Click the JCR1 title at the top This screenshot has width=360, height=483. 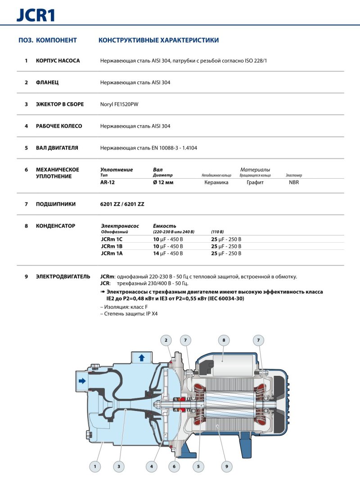point(36,15)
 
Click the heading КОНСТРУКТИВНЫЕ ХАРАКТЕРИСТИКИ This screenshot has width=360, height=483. point(158,41)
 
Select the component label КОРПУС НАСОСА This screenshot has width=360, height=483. point(58,61)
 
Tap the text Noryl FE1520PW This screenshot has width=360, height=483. point(119,104)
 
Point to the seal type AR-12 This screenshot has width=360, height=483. point(107,182)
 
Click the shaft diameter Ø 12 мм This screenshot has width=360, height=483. point(163,182)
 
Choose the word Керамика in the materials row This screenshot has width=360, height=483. point(216,182)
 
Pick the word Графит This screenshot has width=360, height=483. point(255,182)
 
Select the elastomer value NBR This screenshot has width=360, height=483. point(294,182)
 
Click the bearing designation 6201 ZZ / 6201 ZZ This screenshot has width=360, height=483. point(122,204)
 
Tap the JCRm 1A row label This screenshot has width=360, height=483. point(112,253)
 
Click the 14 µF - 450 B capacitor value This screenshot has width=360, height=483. point(168,253)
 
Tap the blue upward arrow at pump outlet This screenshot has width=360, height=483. point(142,358)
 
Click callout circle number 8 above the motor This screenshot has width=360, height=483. point(224,340)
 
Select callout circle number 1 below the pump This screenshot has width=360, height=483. point(95,467)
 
